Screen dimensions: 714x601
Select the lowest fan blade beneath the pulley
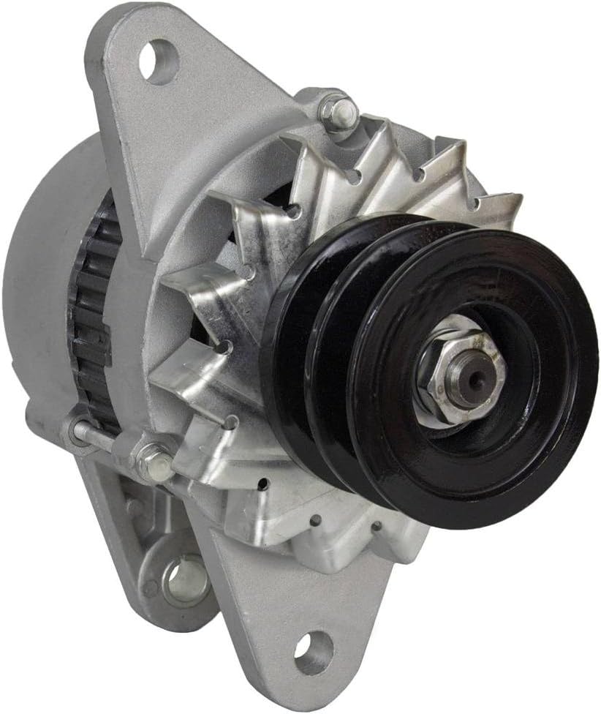coord(322,527)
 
